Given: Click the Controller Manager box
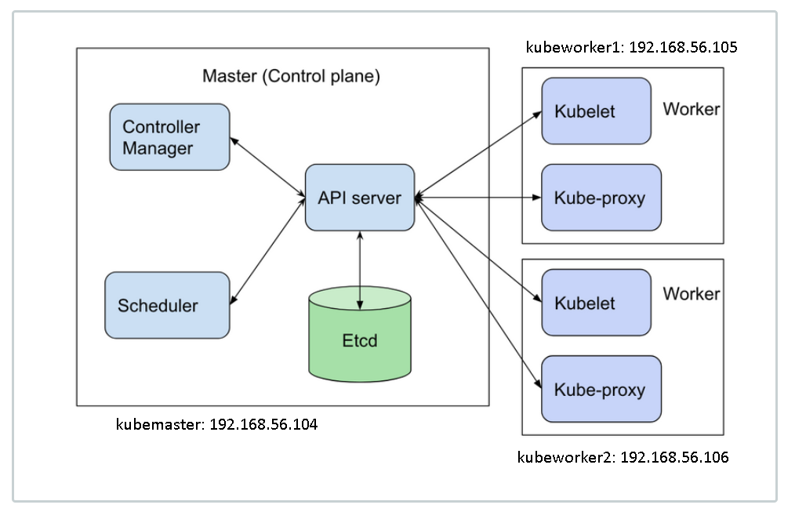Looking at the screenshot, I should (x=169, y=137).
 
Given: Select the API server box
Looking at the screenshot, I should (x=359, y=198).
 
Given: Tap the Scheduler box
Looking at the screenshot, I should (x=167, y=305).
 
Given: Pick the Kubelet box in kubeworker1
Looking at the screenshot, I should (x=596, y=111).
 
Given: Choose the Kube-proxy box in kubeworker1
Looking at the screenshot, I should (x=601, y=198).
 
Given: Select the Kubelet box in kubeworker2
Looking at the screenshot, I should (x=596, y=303).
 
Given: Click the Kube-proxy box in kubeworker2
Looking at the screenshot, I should (x=601, y=389).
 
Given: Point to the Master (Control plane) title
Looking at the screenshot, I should (x=291, y=77).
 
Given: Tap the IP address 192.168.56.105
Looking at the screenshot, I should (x=683, y=48).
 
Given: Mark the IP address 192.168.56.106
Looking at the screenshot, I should (x=674, y=457).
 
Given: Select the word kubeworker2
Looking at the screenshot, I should (x=565, y=457).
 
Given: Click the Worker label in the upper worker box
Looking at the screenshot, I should (x=691, y=109).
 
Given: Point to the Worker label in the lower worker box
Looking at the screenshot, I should (x=691, y=294).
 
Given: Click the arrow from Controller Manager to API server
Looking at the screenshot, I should (x=267, y=167).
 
